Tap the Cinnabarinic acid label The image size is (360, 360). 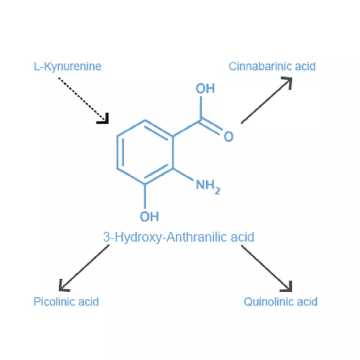[x=272, y=67]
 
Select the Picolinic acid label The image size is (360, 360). [x=66, y=302]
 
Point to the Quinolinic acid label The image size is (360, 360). [x=280, y=302]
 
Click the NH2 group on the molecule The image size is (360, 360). [x=208, y=186]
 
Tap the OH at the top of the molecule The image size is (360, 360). [x=205, y=89]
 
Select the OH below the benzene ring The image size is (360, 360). [x=149, y=216]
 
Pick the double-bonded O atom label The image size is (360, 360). [x=229, y=136]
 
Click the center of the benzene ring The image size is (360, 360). [x=145, y=152]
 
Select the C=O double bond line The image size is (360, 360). [x=210, y=127]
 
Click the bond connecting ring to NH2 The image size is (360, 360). [x=183, y=174]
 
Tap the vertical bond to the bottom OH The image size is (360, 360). [x=145, y=196]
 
